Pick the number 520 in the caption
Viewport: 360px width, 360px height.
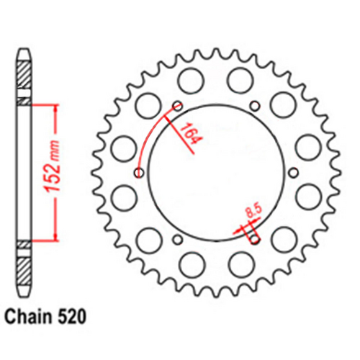(x=74, y=316)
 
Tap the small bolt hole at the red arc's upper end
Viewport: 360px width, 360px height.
(x=177, y=104)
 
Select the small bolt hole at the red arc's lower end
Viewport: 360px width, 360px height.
(x=138, y=172)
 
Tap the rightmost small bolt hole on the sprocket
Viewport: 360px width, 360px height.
(x=293, y=172)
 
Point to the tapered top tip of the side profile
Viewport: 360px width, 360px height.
(x=24, y=53)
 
